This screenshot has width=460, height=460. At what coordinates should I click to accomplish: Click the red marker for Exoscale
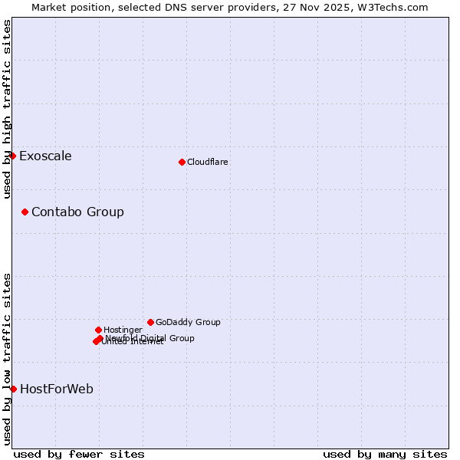tap(12, 156)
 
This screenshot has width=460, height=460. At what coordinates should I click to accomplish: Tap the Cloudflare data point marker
tap(182, 162)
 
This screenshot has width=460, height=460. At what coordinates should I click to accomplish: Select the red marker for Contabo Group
tap(25, 212)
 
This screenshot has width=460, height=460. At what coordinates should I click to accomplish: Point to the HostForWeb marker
tap(13, 389)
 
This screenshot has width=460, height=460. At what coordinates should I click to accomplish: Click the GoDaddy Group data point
tap(150, 322)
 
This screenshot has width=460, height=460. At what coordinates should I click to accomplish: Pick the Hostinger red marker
tap(98, 330)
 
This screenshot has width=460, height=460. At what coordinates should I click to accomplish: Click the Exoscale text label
tap(45, 156)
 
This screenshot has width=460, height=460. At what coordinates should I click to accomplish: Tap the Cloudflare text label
tap(208, 162)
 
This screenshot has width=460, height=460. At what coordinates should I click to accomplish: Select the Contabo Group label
tap(77, 212)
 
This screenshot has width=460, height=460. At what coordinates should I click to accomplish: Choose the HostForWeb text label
tap(57, 389)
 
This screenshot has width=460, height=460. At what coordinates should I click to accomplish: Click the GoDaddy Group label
tap(188, 322)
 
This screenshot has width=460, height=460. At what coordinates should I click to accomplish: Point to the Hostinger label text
tap(123, 330)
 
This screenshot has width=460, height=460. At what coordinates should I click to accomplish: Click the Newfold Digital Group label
tap(150, 338)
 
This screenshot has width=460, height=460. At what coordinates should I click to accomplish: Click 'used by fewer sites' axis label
tap(79, 454)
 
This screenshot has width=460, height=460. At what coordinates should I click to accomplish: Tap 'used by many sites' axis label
tap(385, 454)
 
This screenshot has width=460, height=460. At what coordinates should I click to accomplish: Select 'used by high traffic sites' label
tap(7, 110)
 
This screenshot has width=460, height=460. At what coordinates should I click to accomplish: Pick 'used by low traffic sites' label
tap(7, 359)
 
